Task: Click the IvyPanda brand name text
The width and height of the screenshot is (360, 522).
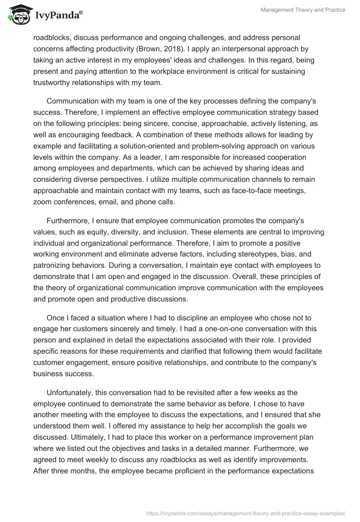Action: click(x=57, y=15)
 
